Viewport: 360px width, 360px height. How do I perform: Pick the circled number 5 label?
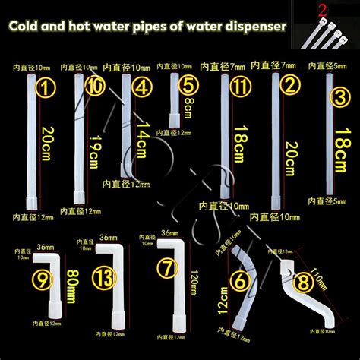click(x=189, y=84)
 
